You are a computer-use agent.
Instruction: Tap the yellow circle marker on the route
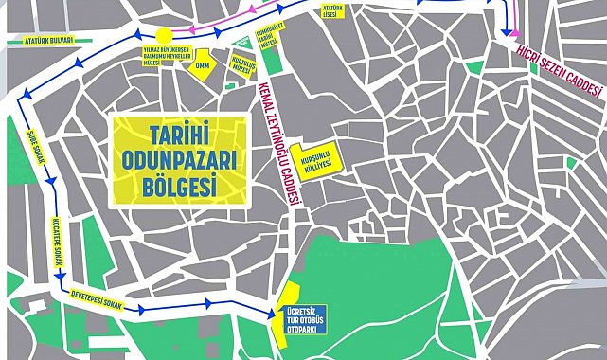coord(165,35)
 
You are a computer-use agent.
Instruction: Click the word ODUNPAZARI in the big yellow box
coord(179,158)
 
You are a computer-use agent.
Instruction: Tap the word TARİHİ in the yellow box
coord(179,133)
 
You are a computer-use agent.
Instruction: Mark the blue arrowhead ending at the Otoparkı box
coord(275,314)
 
